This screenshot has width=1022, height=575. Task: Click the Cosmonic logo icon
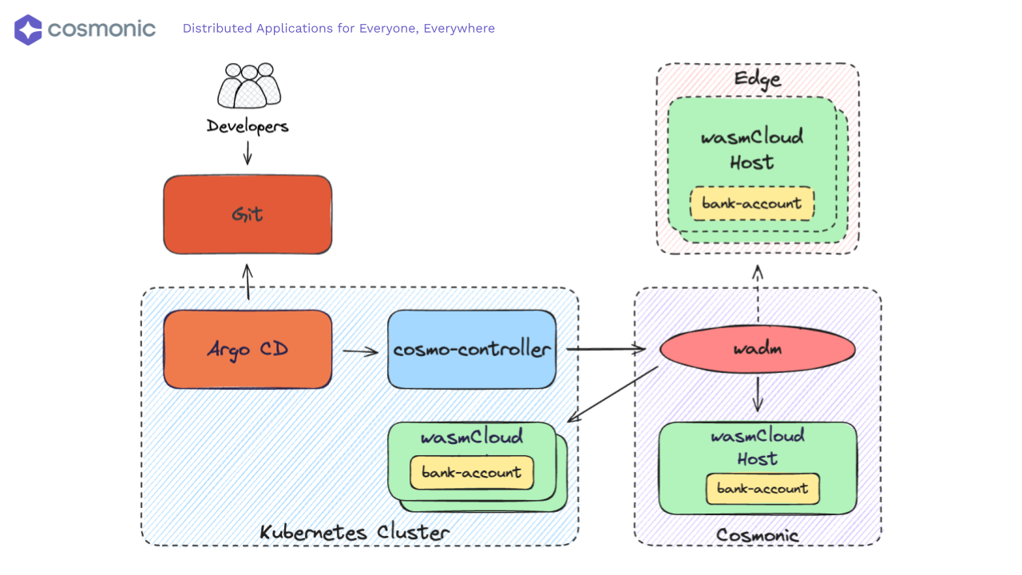(28, 30)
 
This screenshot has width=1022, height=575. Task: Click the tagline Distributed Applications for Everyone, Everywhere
(339, 29)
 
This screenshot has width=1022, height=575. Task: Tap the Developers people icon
(248, 85)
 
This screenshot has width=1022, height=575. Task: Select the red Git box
(248, 215)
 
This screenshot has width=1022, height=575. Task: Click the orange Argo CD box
(248, 349)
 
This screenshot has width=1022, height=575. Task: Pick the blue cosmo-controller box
(472, 349)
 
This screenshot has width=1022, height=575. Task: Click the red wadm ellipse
(758, 349)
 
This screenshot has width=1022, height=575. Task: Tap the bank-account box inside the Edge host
(752, 204)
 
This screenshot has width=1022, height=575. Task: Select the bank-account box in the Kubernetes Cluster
(472, 472)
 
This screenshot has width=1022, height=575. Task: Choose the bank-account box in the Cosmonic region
(763, 488)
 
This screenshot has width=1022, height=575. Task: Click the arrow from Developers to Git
(248, 153)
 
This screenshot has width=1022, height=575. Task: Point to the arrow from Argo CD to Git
(248, 282)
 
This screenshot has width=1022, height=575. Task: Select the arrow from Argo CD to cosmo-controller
(360, 350)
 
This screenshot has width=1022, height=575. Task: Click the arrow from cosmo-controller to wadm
(606, 349)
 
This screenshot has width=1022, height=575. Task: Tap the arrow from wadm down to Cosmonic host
(758, 395)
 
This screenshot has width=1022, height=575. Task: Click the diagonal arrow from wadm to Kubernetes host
(613, 394)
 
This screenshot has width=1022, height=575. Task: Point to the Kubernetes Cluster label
(355, 532)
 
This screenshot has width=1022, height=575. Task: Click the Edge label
(758, 79)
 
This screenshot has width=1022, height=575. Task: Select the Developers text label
(248, 126)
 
